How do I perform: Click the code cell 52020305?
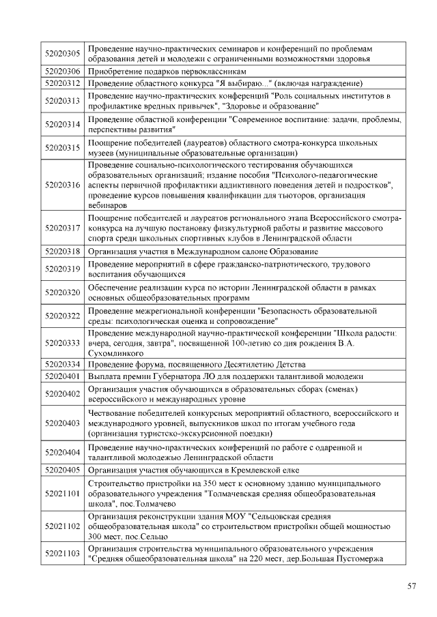[63, 54]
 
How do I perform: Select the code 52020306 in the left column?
[63, 71]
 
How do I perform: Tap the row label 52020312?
[63, 83]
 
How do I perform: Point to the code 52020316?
[63, 185]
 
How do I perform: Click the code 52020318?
[63, 251]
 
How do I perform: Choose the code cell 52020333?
[63, 342]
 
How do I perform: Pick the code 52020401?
[63, 376]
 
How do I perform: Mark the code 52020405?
[63, 470]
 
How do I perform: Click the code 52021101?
[63, 493]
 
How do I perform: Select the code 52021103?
[63, 554]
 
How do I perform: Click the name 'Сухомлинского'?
[115, 354]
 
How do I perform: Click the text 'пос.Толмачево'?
[147, 504]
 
